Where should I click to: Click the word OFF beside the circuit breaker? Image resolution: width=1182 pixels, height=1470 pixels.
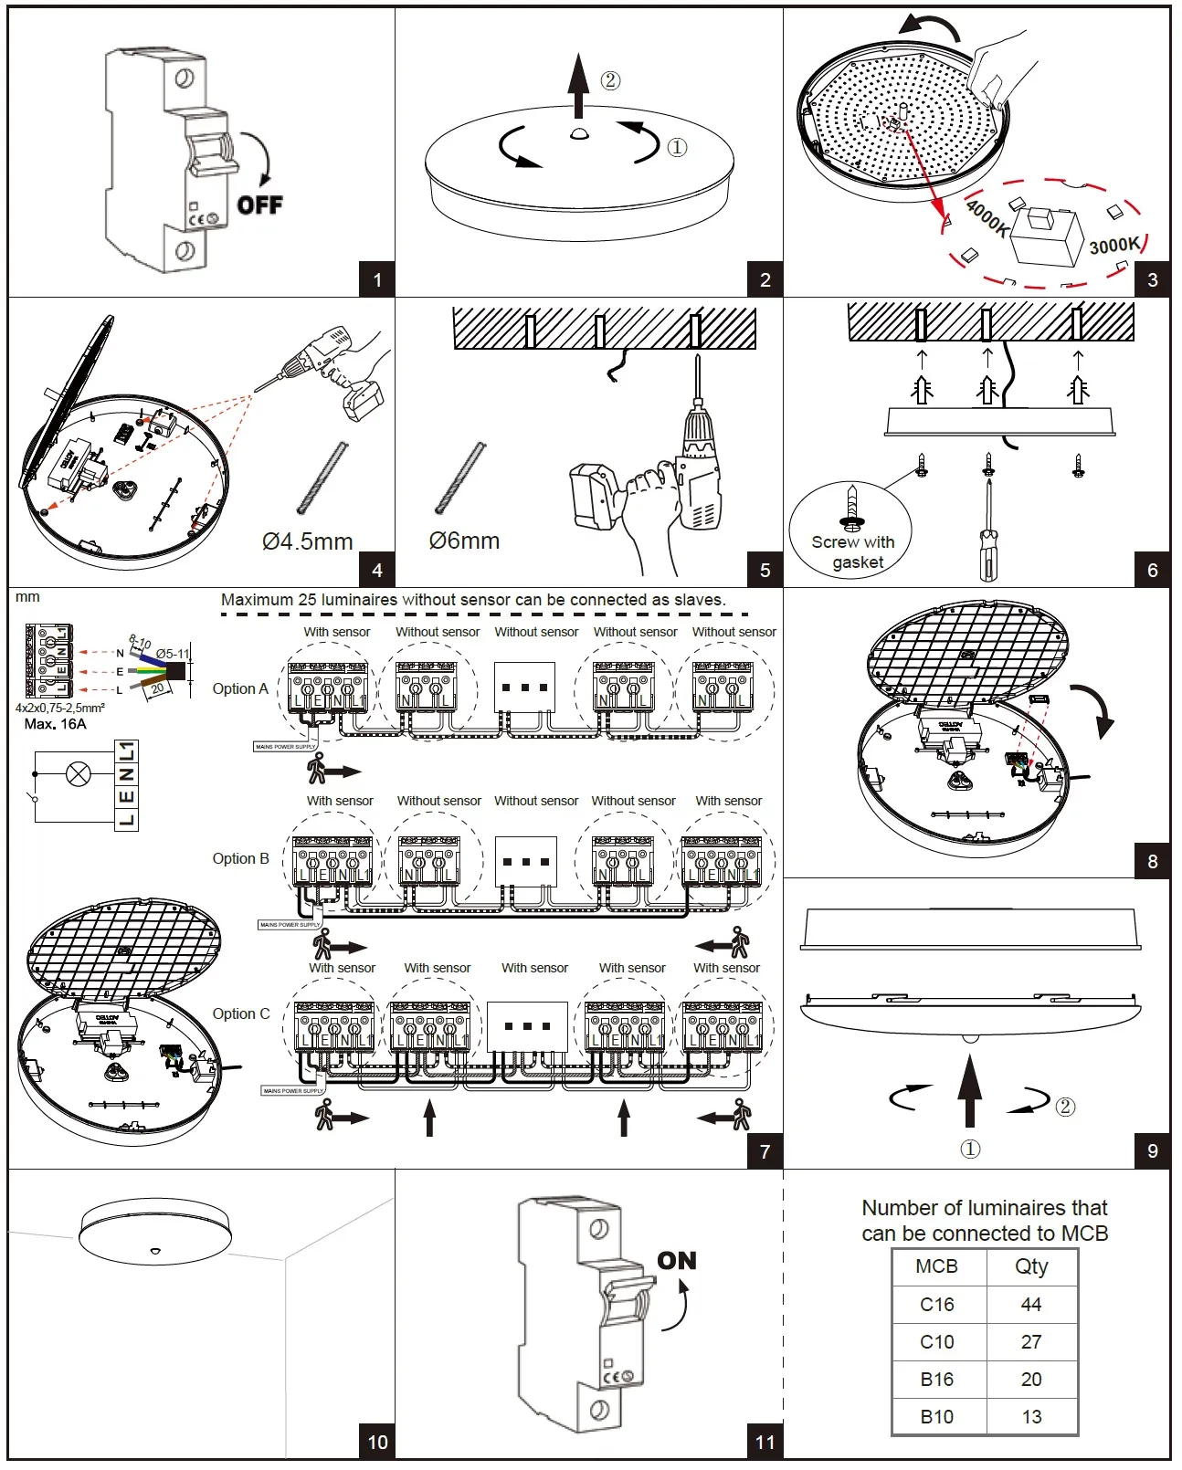click(x=260, y=205)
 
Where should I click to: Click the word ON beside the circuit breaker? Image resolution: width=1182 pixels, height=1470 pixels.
click(x=677, y=1261)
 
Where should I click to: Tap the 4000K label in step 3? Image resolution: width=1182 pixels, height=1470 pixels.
click(x=987, y=217)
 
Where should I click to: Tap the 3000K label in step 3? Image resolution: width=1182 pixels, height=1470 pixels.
click(x=1114, y=245)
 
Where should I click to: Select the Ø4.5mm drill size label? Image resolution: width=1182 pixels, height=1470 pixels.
click(x=307, y=541)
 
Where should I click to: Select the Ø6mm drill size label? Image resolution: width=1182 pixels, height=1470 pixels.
click(x=464, y=541)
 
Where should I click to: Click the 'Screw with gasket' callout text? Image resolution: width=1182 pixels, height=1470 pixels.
click(x=853, y=551)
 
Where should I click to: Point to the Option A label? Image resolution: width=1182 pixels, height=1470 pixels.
click(x=240, y=688)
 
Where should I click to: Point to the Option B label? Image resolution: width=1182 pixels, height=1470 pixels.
click(x=240, y=858)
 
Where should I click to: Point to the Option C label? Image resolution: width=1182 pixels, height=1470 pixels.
click(x=240, y=1013)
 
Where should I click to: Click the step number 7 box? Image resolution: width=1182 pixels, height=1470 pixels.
click(x=765, y=1151)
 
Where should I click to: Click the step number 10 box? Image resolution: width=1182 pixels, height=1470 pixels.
click(x=377, y=1442)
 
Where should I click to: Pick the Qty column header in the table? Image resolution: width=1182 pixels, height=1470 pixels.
click(x=1031, y=1266)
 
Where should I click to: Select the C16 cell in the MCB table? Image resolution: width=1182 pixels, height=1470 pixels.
click(x=937, y=1305)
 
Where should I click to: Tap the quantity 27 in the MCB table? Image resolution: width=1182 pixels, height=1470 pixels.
click(x=1031, y=1342)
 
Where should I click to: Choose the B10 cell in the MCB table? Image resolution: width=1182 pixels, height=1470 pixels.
click(x=937, y=1417)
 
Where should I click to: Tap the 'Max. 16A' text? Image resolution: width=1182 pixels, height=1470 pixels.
click(x=56, y=724)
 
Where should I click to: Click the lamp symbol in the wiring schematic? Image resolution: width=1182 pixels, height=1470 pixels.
click(x=79, y=774)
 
